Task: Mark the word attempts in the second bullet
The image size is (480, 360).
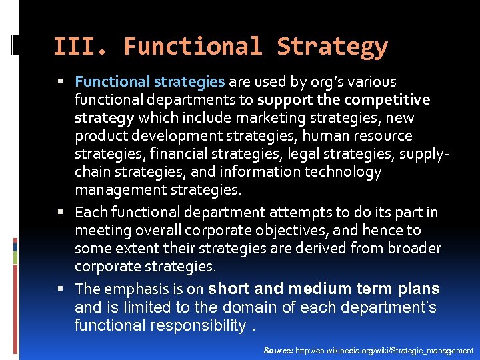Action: click(x=297, y=213)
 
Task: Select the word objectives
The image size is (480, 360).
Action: click(x=283, y=231)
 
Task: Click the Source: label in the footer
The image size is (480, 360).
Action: click(x=278, y=351)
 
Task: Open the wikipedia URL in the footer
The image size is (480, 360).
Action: click(x=384, y=351)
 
